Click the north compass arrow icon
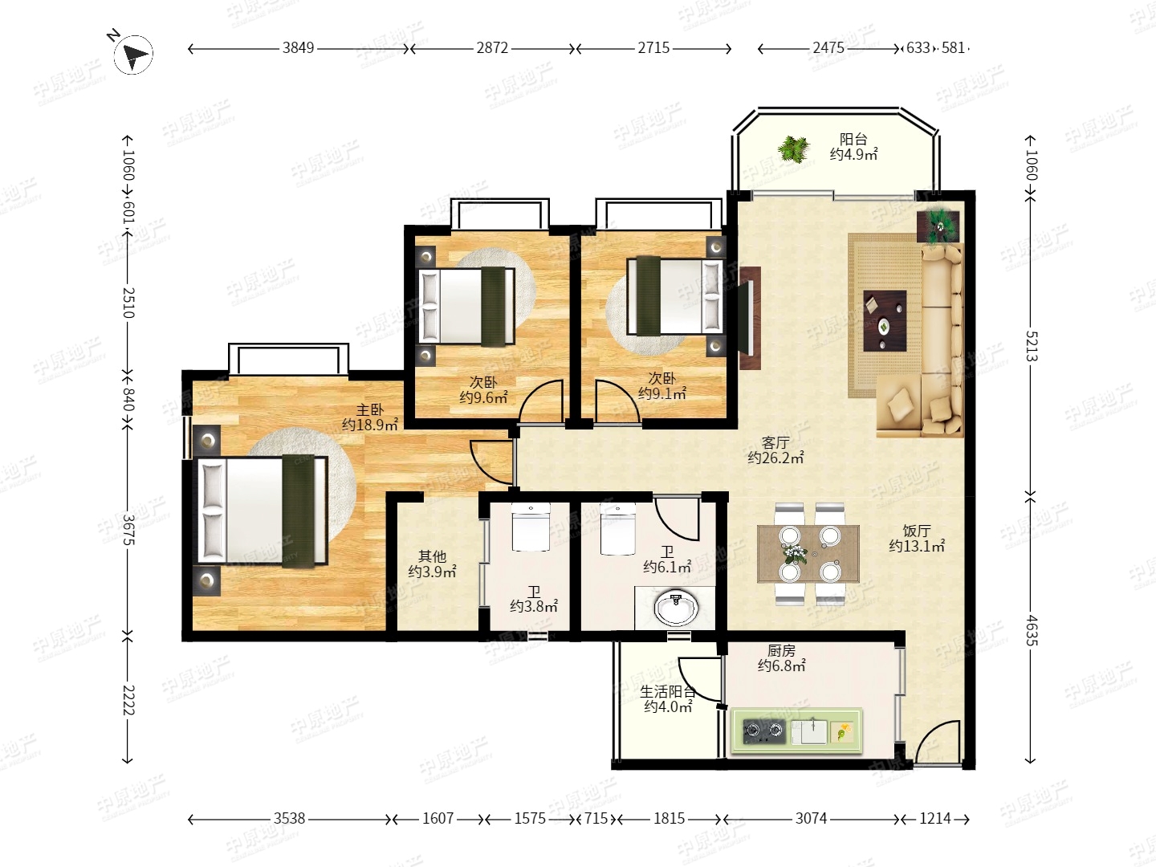point(133,53)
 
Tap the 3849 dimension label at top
point(298,48)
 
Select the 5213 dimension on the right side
point(1031,346)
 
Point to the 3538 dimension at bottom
point(289,818)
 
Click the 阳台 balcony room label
point(853,139)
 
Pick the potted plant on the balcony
point(794,149)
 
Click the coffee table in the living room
point(885,321)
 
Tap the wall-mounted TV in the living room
point(747,318)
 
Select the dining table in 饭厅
point(808,553)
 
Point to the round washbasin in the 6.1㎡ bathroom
point(677,608)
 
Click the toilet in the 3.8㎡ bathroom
point(531,527)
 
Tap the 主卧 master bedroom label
point(370,409)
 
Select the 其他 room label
point(432,556)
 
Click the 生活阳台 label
point(668,691)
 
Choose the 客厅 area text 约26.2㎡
point(775,458)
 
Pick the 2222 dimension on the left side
point(128,699)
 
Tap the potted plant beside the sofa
point(938,227)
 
